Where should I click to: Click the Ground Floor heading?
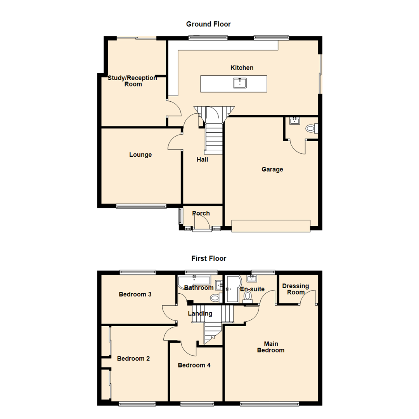click(x=208, y=24)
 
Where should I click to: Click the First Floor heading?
click(x=209, y=258)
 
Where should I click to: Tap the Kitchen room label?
click(x=242, y=68)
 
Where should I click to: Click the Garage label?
click(x=272, y=169)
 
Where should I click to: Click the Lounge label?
click(x=140, y=155)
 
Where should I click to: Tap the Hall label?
click(x=202, y=159)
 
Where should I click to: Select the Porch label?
click(x=201, y=213)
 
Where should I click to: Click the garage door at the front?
click(x=271, y=226)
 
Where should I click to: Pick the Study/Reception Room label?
click(x=133, y=81)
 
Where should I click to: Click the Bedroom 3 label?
click(x=135, y=294)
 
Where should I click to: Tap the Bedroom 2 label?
click(x=133, y=359)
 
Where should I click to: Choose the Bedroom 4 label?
click(x=194, y=365)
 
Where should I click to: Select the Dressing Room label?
click(x=296, y=289)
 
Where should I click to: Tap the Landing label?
click(x=200, y=313)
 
